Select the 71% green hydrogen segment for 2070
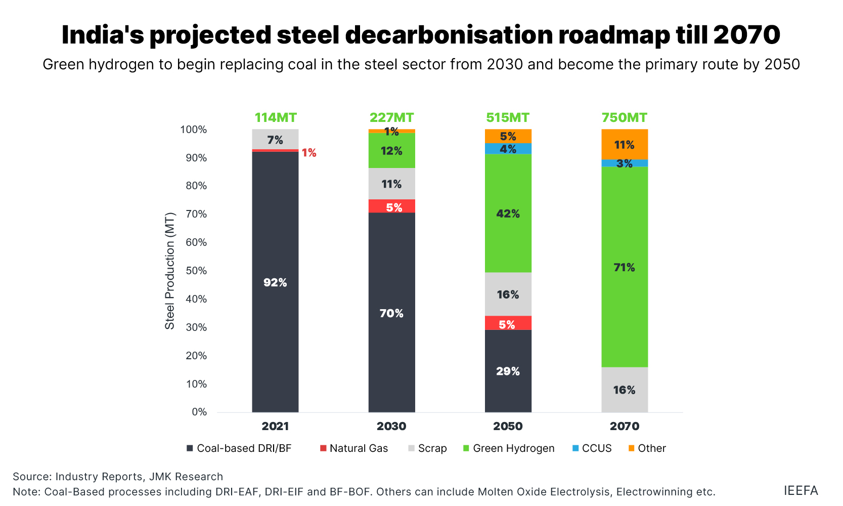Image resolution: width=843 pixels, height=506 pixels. (x=624, y=267)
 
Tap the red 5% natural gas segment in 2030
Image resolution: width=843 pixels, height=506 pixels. (x=391, y=206)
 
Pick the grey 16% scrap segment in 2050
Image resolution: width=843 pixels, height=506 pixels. (x=508, y=294)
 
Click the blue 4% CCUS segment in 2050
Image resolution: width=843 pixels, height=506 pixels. (x=508, y=149)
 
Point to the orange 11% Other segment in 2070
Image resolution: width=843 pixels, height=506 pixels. (x=624, y=145)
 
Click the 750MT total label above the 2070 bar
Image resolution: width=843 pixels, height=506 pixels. (x=624, y=117)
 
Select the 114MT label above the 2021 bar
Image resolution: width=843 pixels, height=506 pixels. (x=275, y=117)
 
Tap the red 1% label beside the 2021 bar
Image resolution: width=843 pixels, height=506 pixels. (x=309, y=153)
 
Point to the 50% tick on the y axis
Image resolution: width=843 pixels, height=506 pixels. (x=196, y=271)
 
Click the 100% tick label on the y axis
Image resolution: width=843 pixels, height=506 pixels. (x=194, y=130)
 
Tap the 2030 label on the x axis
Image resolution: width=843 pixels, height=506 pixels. (x=391, y=426)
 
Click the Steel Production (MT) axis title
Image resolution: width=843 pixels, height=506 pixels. (x=169, y=271)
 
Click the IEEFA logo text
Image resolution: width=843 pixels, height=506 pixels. (x=801, y=490)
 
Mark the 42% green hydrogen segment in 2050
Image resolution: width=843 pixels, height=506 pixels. (x=508, y=213)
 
